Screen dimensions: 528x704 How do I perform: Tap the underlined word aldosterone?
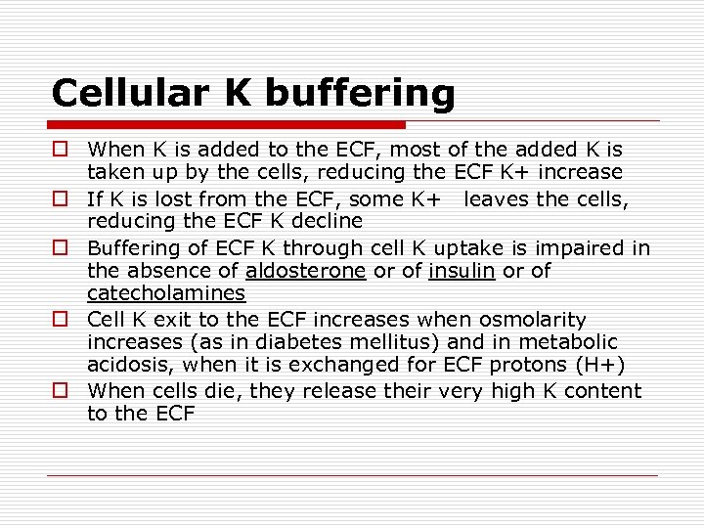(x=305, y=270)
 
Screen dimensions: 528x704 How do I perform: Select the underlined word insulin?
(x=462, y=270)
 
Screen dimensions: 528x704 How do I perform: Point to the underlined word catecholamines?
(x=166, y=293)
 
